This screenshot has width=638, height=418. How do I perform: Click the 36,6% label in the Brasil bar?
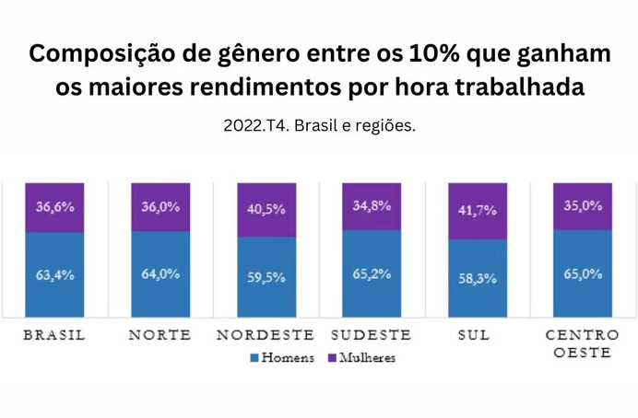coord(53,207)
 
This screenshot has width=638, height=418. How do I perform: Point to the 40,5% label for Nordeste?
coord(266,208)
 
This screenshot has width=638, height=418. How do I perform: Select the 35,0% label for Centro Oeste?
coord(583,206)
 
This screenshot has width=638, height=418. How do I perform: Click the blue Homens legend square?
coord(254,357)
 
